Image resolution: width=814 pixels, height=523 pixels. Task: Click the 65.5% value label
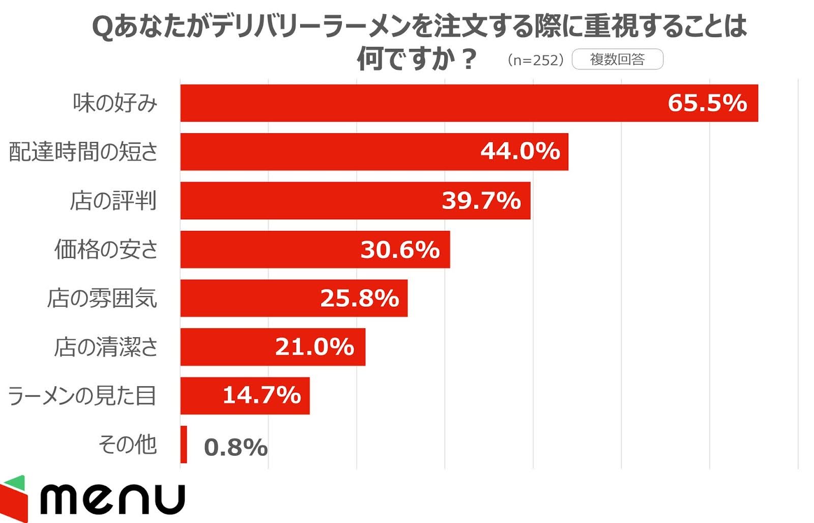click(x=707, y=103)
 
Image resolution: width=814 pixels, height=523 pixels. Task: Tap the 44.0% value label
click(x=520, y=151)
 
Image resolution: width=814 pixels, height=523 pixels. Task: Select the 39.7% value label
click(x=481, y=200)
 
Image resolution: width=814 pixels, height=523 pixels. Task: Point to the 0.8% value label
click(x=236, y=447)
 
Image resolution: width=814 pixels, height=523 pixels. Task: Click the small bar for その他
click(x=184, y=445)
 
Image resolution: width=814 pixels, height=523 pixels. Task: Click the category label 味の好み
click(x=115, y=103)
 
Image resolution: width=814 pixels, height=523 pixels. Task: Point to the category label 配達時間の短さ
click(x=83, y=152)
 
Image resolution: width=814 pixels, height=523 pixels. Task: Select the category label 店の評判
click(x=113, y=200)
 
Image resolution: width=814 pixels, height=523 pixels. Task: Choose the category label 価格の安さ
click(x=106, y=249)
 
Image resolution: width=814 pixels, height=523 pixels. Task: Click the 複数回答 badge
click(x=617, y=60)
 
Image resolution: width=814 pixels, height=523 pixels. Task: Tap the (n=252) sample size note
click(x=535, y=60)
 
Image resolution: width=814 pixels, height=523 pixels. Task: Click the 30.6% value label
click(x=400, y=250)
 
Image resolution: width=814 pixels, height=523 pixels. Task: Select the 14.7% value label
click(x=261, y=395)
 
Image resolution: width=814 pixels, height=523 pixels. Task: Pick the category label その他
click(x=127, y=445)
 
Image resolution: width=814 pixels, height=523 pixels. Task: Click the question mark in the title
click(x=467, y=59)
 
